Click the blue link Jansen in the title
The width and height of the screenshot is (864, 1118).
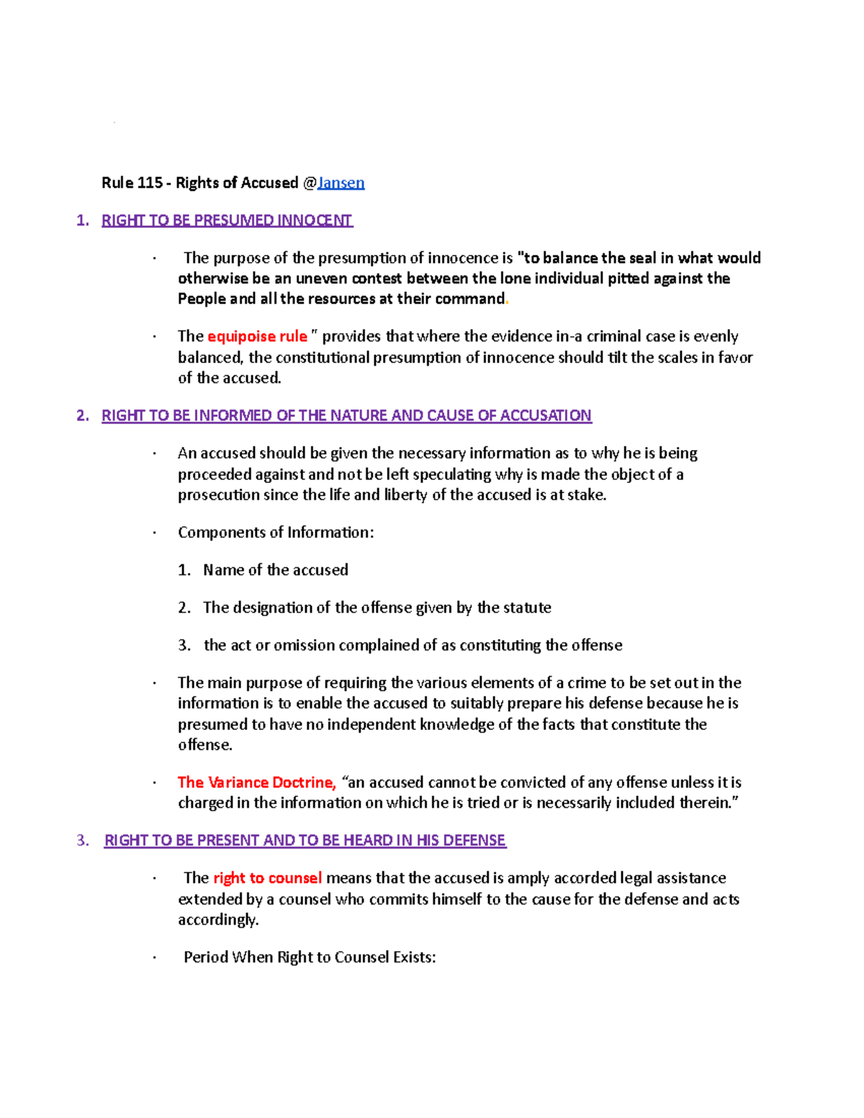point(341,183)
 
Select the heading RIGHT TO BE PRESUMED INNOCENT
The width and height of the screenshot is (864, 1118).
point(227,220)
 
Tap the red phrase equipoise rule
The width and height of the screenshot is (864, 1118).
point(257,336)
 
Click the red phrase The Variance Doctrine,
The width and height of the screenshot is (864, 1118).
point(257,783)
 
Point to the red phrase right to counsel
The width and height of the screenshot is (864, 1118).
point(267,878)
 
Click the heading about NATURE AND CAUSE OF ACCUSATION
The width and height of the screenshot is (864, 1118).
point(346,415)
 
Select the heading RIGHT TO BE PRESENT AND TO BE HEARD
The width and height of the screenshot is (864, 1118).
point(305,840)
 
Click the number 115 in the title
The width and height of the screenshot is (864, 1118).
point(150,183)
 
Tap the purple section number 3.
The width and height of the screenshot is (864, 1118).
point(82,840)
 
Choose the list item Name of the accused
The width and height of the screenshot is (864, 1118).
point(275,570)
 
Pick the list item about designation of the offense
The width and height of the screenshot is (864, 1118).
point(377,608)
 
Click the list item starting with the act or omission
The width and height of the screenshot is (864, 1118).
point(413,645)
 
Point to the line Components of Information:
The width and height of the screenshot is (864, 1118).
point(276,533)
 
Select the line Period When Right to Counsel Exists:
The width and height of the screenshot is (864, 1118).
point(310,957)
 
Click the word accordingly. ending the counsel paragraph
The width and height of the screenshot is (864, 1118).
point(218,920)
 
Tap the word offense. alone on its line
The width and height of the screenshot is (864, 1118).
point(205,745)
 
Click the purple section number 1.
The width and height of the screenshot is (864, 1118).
point(82,220)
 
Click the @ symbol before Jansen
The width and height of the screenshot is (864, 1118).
point(310,183)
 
